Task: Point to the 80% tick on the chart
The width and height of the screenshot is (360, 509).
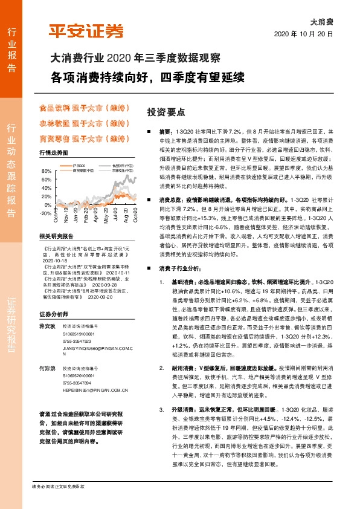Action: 47,172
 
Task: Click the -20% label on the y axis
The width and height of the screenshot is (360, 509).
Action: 46,213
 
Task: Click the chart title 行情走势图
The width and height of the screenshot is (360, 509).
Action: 53,154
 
